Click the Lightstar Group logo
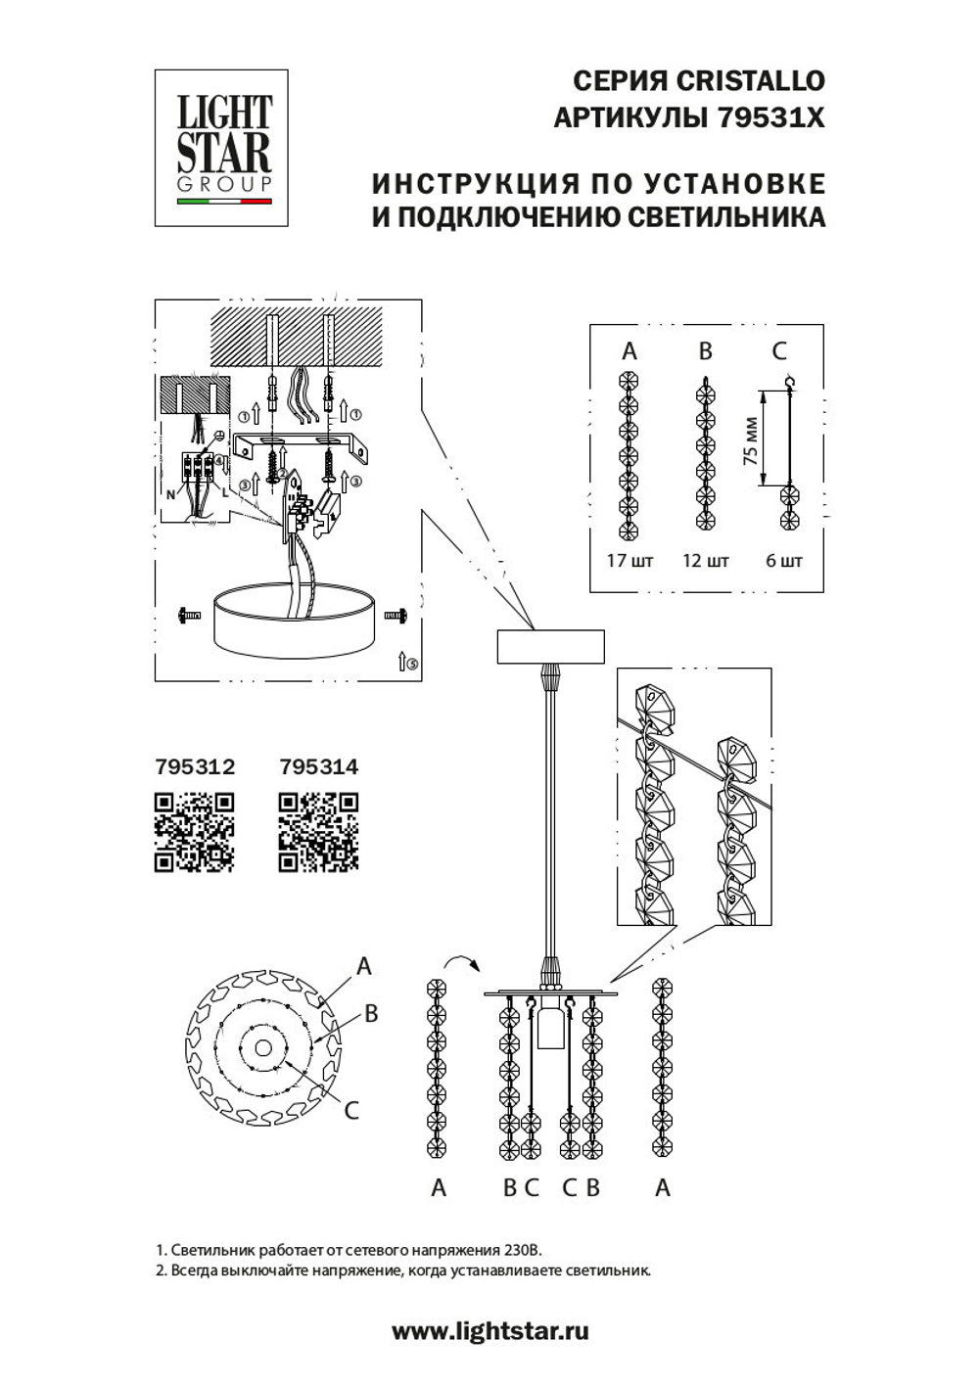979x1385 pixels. coord(221,148)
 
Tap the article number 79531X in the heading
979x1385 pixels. coord(771,118)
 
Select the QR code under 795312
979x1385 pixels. coord(194,832)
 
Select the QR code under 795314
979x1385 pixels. coord(318,832)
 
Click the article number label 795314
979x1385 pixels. coord(318,766)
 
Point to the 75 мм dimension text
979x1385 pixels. coord(751,441)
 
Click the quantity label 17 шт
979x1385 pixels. coord(629,562)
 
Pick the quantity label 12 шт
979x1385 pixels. coord(705,562)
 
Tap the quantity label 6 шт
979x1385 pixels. coord(783,562)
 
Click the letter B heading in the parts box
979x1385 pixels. coord(705,351)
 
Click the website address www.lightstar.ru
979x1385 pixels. coord(490,1331)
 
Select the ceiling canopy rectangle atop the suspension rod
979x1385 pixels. coord(550,647)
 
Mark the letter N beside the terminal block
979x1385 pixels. coord(170,494)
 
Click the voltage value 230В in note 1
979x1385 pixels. coord(519,1251)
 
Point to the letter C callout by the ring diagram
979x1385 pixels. coord(351,1110)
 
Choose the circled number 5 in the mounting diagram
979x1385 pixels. coord(412,663)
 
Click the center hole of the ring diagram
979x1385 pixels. coord(262,1048)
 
